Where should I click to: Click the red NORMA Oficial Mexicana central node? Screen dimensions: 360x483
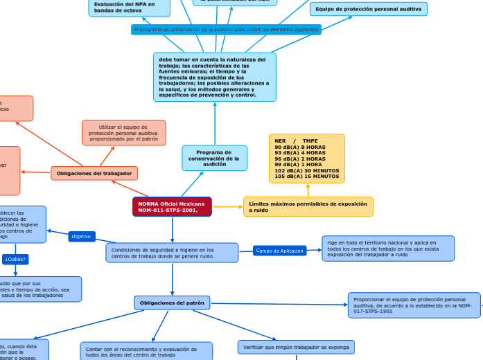(172, 206)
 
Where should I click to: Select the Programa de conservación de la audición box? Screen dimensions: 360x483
(214, 158)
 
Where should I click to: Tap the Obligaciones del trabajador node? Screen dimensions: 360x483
(94, 173)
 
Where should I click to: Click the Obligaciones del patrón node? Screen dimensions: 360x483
(172, 303)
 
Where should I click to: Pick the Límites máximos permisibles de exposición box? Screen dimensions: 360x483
(308, 206)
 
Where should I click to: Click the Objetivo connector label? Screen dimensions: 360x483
(81, 237)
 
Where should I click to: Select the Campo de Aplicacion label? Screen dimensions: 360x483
(279, 251)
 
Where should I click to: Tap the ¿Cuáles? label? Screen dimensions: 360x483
(15, 260)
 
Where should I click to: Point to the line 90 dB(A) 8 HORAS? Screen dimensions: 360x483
(299, 147)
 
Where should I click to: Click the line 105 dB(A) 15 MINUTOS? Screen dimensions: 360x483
(306, 176)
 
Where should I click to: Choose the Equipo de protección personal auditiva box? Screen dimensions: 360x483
(368, 9)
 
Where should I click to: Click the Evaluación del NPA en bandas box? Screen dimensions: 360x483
(129, 7)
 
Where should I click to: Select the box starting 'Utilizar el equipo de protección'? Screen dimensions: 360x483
(124, 133)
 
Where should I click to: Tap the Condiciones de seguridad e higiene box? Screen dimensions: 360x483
(172, 253)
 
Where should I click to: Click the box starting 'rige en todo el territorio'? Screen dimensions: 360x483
(387, 248)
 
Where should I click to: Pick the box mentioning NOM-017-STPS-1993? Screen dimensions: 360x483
(414, 305)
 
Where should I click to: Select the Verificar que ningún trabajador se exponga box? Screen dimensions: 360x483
(296, 347)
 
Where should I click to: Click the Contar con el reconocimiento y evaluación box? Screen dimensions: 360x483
(146, 351)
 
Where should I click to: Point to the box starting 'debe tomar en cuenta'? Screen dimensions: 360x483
(214, 77)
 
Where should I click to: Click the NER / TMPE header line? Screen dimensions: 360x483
(296, 141)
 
